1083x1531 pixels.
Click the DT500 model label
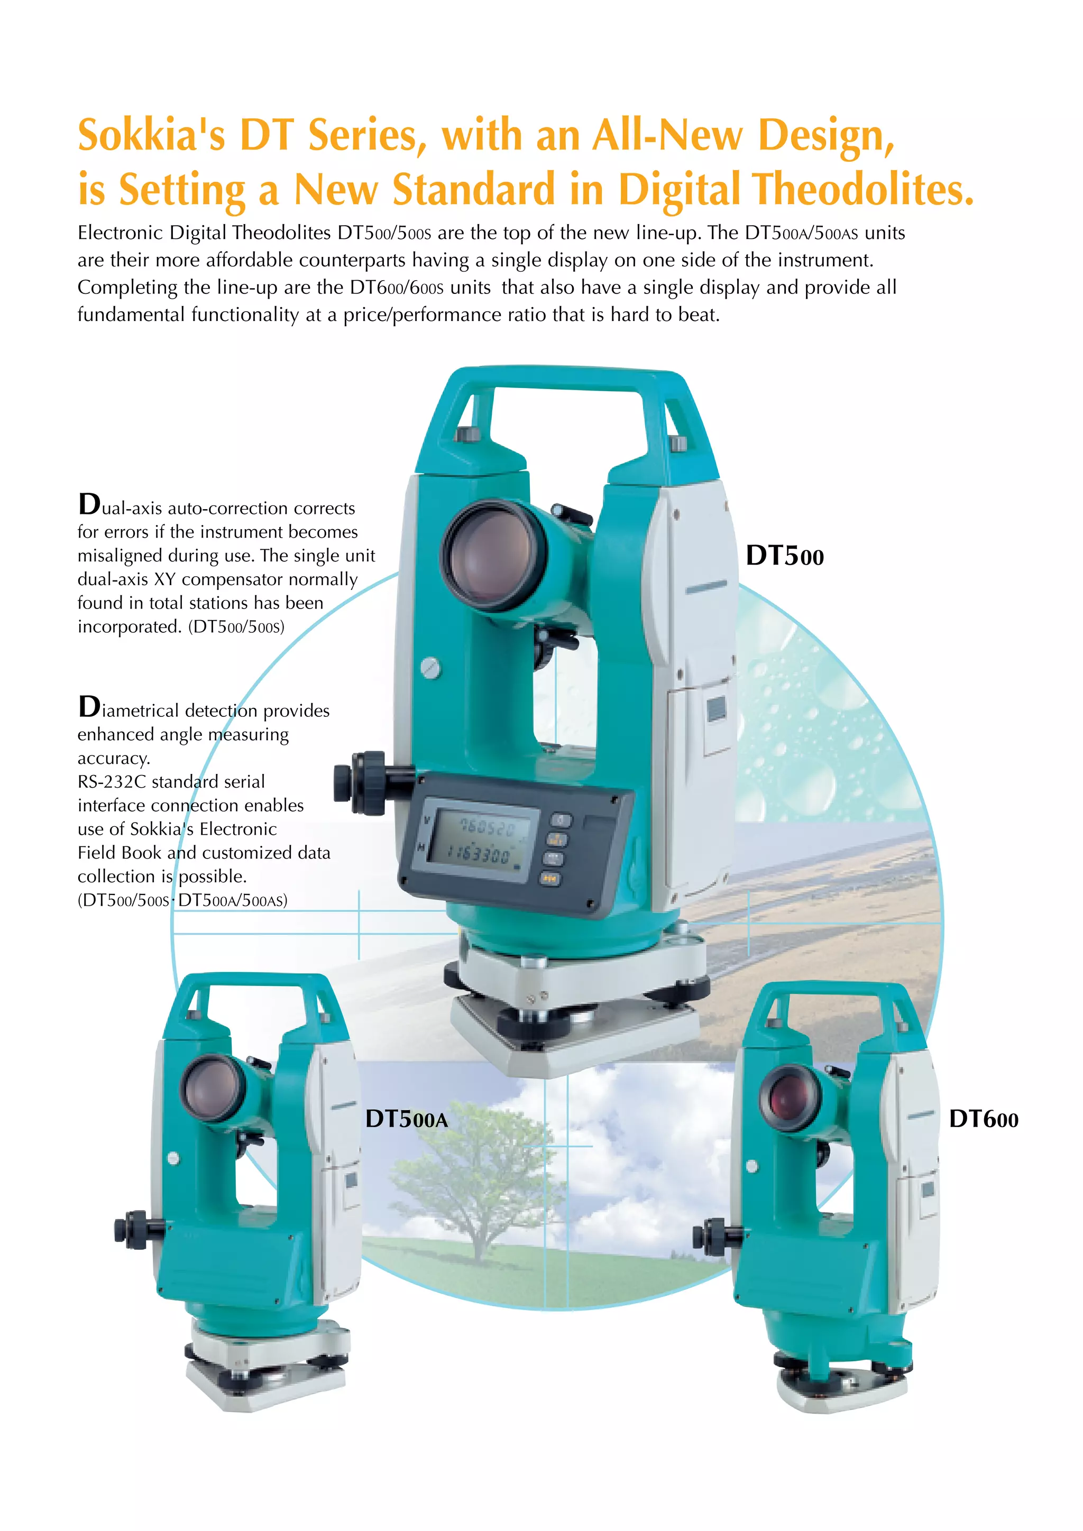click(784, 556)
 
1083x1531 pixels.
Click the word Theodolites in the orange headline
click(863, 189)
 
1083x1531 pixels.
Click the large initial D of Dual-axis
click(89, 505)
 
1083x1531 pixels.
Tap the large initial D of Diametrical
click(89, 707)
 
